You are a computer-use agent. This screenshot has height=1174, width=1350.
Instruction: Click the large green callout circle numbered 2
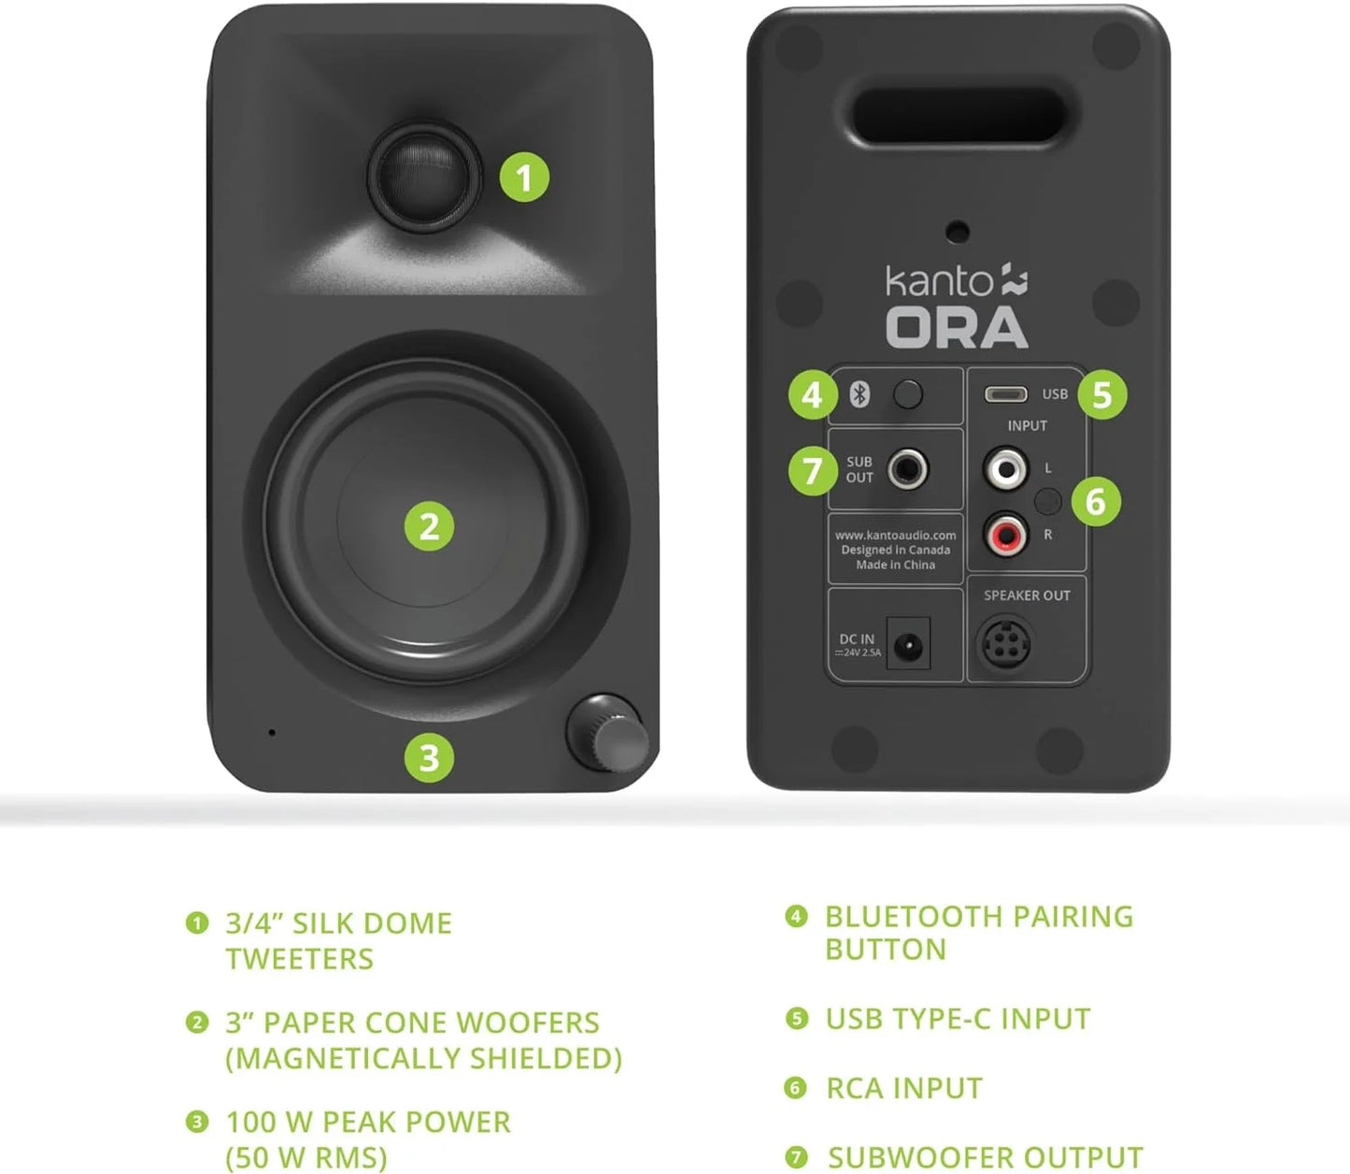pos(429,526)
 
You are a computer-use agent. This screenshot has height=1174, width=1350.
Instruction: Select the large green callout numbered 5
pos(1101,394)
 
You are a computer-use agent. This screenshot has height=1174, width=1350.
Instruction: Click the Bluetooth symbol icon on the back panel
pos(860,394)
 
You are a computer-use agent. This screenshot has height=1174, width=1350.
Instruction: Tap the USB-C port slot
pos(1005,394)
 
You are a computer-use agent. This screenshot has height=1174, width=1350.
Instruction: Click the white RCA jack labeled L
pos(1005,467)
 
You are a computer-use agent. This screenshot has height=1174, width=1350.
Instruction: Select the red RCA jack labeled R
pos(1005,535)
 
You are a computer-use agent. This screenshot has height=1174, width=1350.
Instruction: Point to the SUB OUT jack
pos(907,468)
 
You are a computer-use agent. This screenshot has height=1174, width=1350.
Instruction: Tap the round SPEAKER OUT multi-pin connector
pos(1004,643)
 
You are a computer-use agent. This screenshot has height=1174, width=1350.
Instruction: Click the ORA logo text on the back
pos(956,328)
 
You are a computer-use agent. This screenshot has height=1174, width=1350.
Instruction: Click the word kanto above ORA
pos(939,281)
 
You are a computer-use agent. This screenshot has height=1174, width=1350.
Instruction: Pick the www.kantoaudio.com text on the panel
pos(895,536)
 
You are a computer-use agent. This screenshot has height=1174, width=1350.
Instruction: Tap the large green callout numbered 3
pos(429,757)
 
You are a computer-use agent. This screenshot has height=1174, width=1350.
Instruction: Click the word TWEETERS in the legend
pos(299,959)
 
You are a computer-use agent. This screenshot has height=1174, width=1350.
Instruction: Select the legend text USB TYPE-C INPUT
pos(958,1019)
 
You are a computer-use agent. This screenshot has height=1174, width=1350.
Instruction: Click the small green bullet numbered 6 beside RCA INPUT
pos(795,1088)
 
